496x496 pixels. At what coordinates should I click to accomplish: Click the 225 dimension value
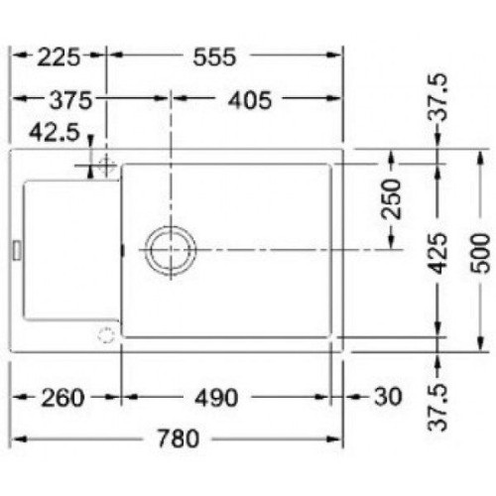[59, 57]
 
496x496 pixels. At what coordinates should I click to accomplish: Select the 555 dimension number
[214, 57]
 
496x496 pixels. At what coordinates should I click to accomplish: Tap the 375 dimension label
[70, 100]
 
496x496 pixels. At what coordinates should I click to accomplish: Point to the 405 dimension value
[250, 100]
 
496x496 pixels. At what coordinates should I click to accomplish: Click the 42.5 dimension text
[55, 132]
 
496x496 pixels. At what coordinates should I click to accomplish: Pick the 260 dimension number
[62, 398]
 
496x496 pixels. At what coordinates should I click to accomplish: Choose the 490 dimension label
[216, 398]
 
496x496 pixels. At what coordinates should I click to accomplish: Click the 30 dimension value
[388, 396]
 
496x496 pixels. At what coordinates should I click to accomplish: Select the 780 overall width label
[179, 438]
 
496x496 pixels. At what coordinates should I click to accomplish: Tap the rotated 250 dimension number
[391, 199]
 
